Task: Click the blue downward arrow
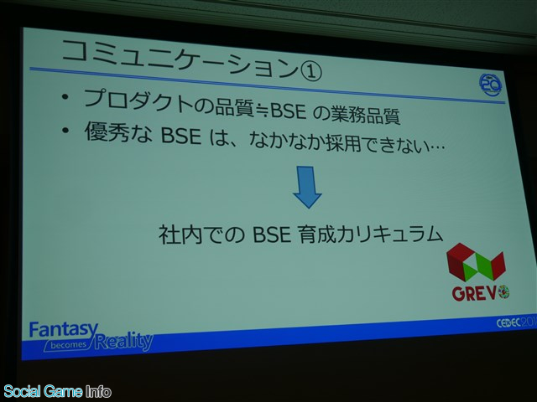click(307, 187)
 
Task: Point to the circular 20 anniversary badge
click(490, 85)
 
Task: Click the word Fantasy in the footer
click(64, 329)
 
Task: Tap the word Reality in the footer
click(124, 341)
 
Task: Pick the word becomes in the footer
click(69, 345)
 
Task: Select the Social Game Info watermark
click(57, 391)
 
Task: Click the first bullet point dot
click(65, 97)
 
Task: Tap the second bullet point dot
click(65, 131)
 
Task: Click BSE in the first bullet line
click(288, 111)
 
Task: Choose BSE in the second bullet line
click(180, 136)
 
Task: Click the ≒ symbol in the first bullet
click(262, 110)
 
